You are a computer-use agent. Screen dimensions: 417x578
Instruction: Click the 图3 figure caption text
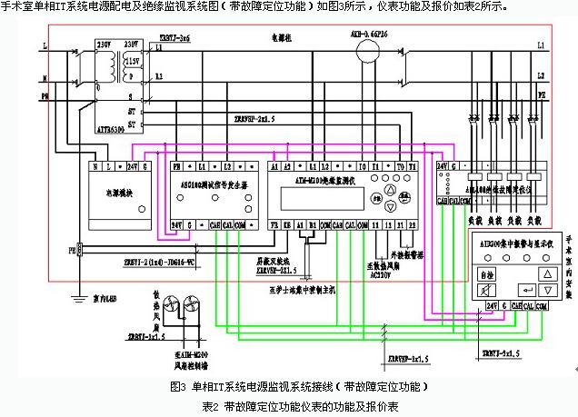point(294,386)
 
